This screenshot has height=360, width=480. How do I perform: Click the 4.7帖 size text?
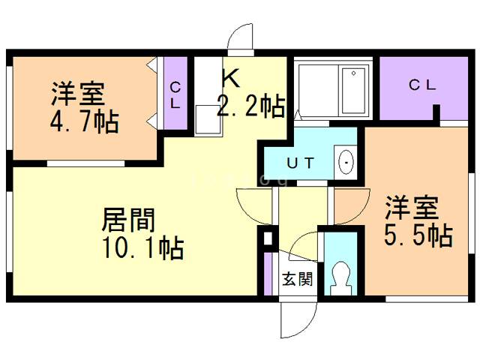pos(85,121)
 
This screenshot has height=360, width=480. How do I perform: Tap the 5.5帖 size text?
pos(418,235)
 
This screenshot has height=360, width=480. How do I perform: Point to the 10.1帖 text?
pos(142,247)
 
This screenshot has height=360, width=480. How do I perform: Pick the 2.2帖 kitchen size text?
pos(251,106)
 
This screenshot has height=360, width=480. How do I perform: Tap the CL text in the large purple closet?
pos(421,85)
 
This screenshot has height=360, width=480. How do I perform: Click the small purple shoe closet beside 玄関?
pos(268,274)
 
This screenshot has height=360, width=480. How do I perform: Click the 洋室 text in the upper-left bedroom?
pos(78,94)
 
